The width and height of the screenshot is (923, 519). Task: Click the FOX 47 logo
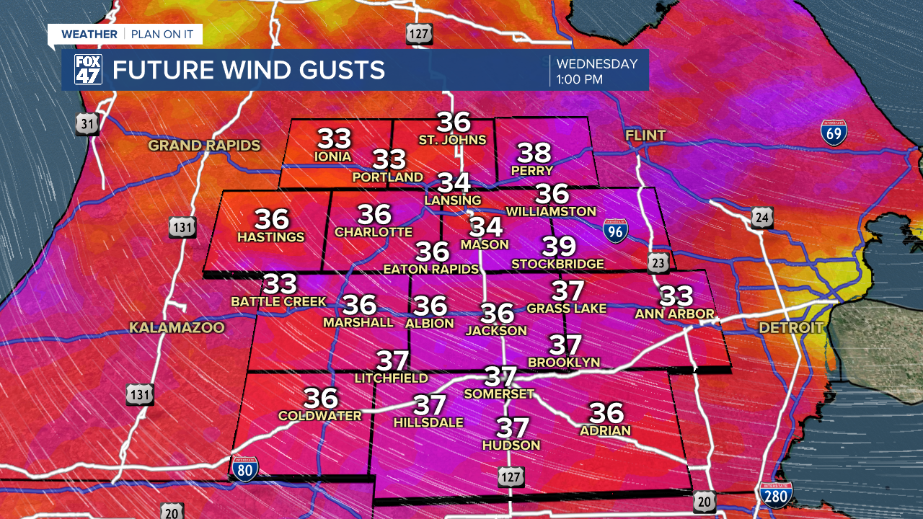pyautogui.click(x=88, y=69)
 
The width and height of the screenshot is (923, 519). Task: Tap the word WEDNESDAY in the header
pyautogui.click(x=597, y=64)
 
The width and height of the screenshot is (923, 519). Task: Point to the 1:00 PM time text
pyautogui.click(x=579, y=79)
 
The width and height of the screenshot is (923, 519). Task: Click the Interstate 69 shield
pyautogui.click(x=833, y=133)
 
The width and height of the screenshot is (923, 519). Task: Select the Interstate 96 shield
pyautogui.click(x=615, y=230)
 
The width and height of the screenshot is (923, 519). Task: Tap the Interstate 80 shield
pyautogui.click(x=244, y=468)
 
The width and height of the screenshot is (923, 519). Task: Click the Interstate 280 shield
pyautogui.click(x=775, y=496)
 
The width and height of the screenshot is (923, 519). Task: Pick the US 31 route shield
pyautogui.click(x=88, y=125)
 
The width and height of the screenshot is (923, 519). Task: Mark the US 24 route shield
pyautogui.click(x=762, y=217)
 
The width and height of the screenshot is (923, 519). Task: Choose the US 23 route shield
pyautogui.click(x=658, y=262)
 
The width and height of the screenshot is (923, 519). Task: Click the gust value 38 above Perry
pyautogui.click(x=534, y=153)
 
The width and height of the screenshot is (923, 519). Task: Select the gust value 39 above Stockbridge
pyautogui.click(x=560, y=247)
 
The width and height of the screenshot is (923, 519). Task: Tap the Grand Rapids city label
pyautogui.click(x=204, y=146)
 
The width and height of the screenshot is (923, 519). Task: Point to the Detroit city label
pyautogui.click(x=791, y=328)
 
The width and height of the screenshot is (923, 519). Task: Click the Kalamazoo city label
pyautogui.click(x=177, y=328)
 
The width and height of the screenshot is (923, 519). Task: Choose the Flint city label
pyautogui.click(x=645, y=136)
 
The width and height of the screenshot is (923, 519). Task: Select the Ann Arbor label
pyautogui.click(x=674, y=314)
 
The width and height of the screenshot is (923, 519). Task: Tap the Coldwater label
pyautogui.click(x=319, y=416)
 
